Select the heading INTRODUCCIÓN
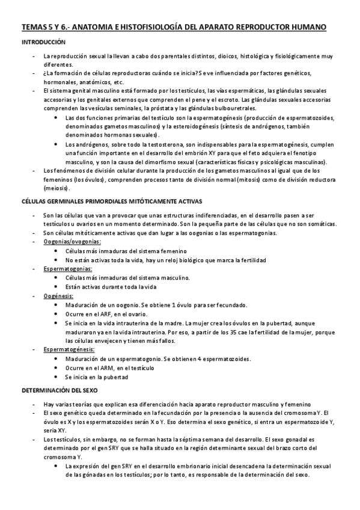coord(43,43)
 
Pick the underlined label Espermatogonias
coord(67,268)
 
